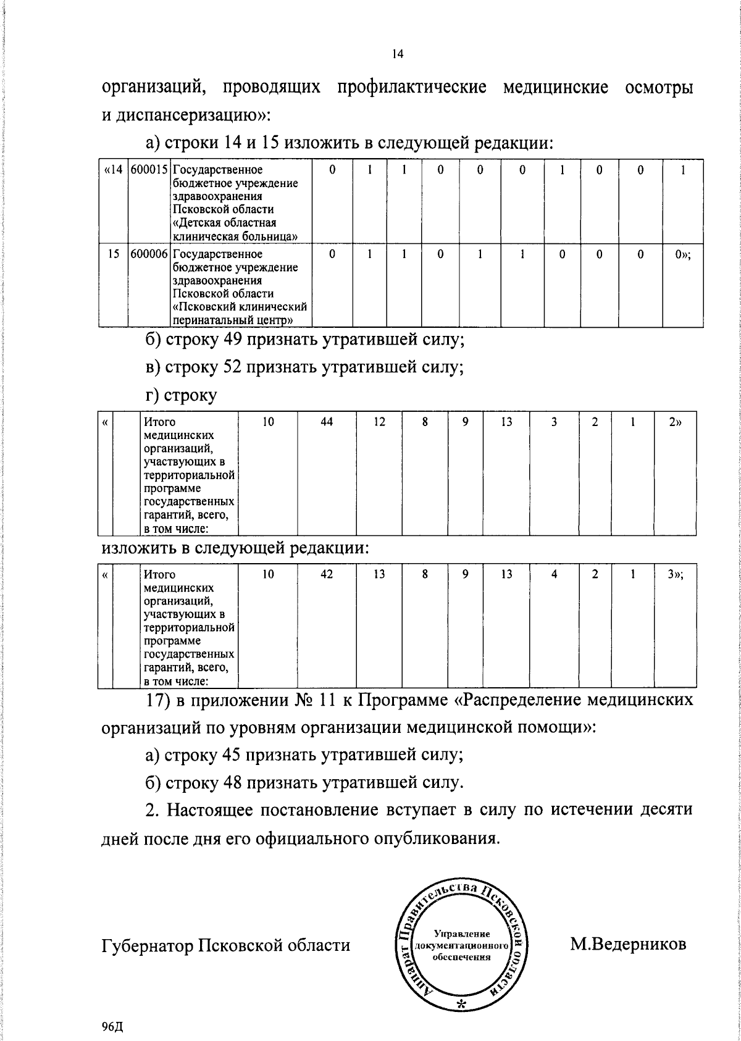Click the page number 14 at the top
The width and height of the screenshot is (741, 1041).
click(x=397, y=54)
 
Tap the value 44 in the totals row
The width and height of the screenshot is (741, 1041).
click(x=327, y=422)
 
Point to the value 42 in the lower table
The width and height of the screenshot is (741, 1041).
click(x=327, y=574)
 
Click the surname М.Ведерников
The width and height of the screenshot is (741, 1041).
click(x=627, y=944)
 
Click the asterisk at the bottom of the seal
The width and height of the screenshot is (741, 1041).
click(x=461, y=1003)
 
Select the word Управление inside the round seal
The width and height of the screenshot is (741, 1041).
click(x=462, y=934)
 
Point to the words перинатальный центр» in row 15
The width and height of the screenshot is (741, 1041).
click(x=232, y=320)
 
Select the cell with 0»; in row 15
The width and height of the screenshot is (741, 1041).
click(x=682, y=254)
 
